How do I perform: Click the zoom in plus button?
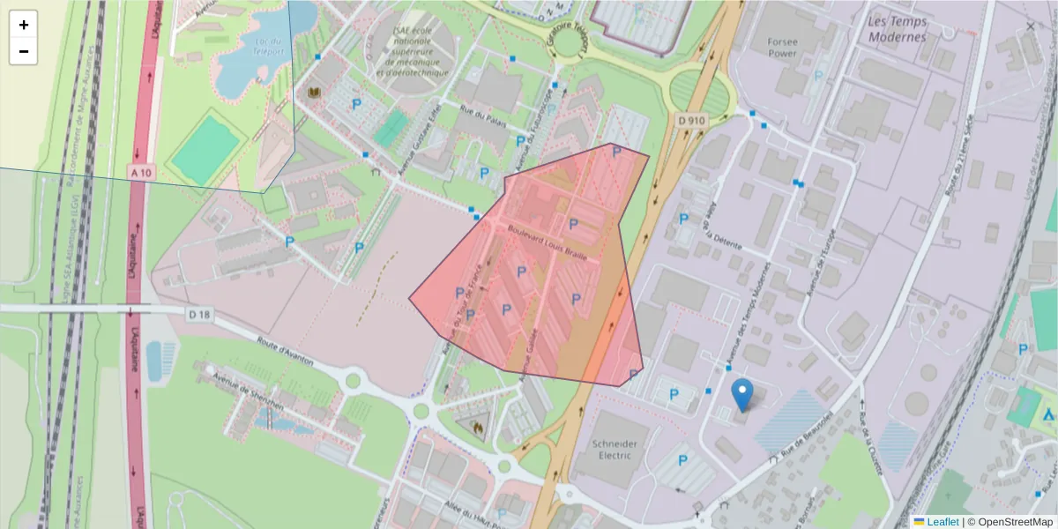tap(24, 25)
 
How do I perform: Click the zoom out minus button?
tap(24, 51)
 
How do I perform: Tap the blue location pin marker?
tap(743, 394)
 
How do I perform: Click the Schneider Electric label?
tap(615, 449)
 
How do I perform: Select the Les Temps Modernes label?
tap(897, 29)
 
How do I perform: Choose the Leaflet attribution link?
tap(942, 522)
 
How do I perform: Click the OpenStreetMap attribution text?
tap(1010, 522)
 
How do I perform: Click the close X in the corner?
tap(1030, 26)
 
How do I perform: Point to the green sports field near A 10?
tap(205, 146)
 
